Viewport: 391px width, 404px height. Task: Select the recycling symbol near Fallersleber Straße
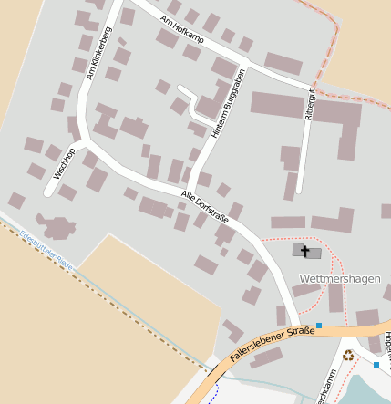click(348, 356)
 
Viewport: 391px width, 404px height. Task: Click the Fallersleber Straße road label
click(273, 344)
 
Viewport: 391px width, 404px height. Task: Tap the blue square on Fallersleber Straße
click(319, 326)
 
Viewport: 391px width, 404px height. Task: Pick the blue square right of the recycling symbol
click(376, 365)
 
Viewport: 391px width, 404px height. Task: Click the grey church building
click(307, 251)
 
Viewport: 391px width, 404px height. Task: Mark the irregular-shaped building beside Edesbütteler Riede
click(57, 226)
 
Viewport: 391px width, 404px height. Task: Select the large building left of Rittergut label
click(276, 104)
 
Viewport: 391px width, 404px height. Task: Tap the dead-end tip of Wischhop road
click(48, 193)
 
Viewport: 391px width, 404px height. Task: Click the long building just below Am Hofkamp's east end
click(283, 64)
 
